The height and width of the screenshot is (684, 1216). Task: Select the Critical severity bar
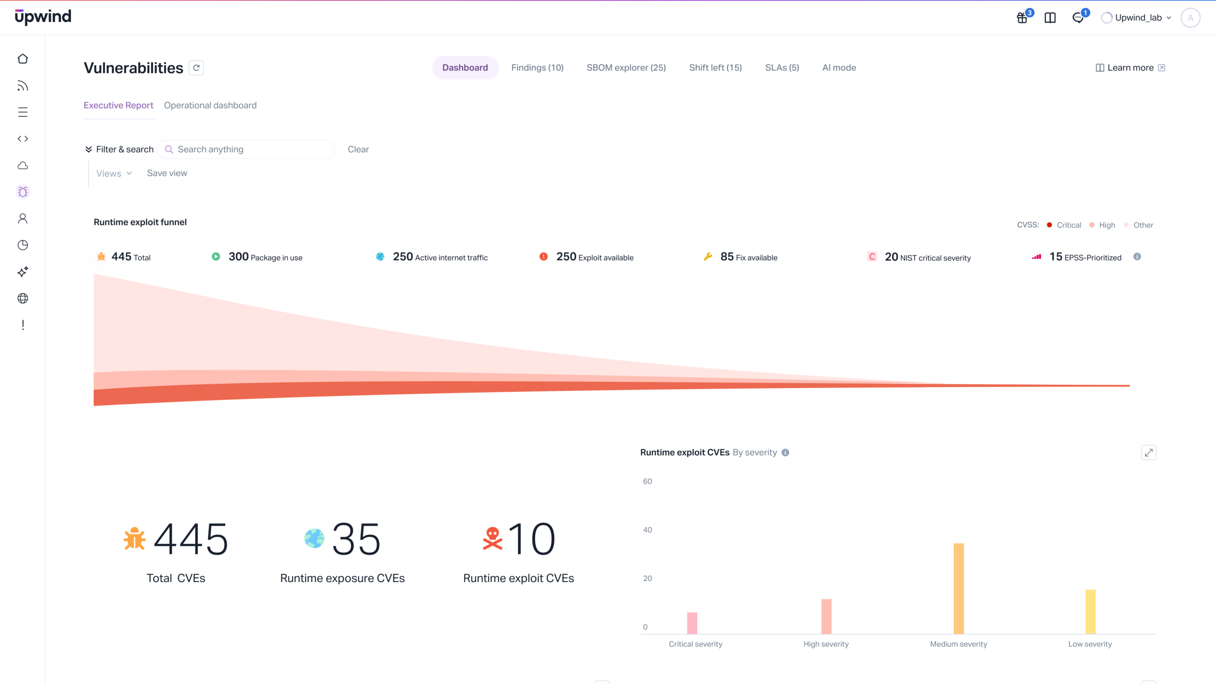click(692, 623)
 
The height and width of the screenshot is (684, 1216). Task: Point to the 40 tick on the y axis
click(647, 530)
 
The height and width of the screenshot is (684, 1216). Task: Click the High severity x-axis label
click(826, 644)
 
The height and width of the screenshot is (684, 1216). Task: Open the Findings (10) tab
click(537, 67)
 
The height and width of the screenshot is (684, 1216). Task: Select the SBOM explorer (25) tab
click(626, 67)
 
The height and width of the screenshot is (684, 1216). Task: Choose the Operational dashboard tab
click(210, 105)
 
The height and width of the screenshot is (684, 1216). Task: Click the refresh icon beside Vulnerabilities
click(196, 68)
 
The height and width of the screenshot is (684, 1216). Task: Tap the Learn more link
click(1130, 67)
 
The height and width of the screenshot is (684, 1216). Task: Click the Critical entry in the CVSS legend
click(1068, 225)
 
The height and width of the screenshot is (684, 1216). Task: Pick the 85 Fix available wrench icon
click(708, 256)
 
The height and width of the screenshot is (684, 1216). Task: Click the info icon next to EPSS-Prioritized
click(1137, 256)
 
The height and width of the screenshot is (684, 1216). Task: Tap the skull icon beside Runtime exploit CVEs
click(493, 539)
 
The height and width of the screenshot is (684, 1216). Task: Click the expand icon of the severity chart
click(1149, 453)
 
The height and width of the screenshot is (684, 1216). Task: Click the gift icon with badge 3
click(1022, 18)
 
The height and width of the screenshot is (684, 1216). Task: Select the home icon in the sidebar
click(23, 59)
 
